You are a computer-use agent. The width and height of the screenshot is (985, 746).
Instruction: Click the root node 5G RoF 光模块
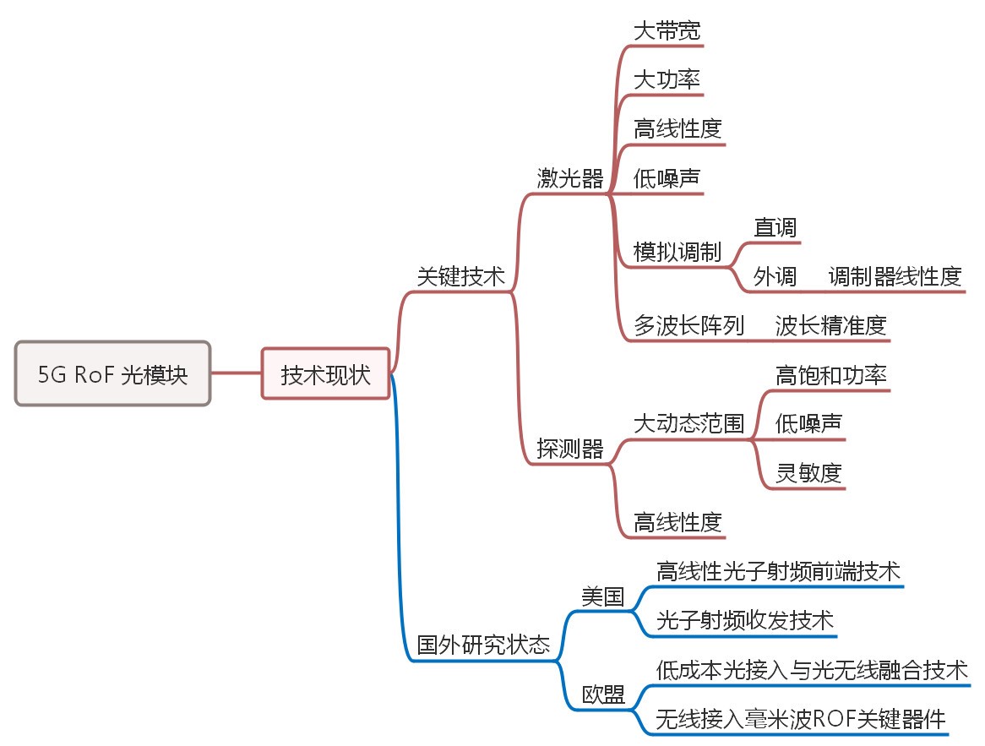[x=112, y=374]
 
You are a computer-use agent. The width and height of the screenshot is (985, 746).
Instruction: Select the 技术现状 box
[x=325, y=374]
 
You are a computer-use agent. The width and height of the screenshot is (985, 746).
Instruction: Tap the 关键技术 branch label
[x=460, y=276]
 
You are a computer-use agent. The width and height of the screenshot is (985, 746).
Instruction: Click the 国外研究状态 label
[x=483, y=646]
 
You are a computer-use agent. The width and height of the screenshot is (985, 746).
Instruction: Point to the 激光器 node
[x=570, y=178]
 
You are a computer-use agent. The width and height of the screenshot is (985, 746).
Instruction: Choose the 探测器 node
[x=570, y=449]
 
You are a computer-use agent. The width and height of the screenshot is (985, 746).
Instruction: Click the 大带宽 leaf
[x=667, y=31]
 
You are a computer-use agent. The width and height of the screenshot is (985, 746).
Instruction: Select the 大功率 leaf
[x=667, y=80]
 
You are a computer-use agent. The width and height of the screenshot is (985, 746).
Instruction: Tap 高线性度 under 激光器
[x=678, y=129]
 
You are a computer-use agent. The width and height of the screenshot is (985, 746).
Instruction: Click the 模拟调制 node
[x=678, y=252]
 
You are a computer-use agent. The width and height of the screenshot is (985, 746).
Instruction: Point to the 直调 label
[x=775, y=227]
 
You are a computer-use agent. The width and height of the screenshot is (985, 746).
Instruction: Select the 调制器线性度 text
[x=895, y=276]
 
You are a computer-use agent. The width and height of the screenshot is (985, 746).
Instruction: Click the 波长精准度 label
[x=831, y=325]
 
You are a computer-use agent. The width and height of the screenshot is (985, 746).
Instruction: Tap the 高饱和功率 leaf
[x=831, y=374]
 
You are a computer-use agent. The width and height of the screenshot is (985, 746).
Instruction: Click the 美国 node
[x=603, y=597]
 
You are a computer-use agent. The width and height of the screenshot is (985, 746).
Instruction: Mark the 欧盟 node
[x=603, y=695]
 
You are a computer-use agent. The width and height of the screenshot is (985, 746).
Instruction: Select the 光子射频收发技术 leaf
[x=745, y=622]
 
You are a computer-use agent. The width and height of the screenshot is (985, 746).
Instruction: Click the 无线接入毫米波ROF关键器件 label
[x=801, y=720]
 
